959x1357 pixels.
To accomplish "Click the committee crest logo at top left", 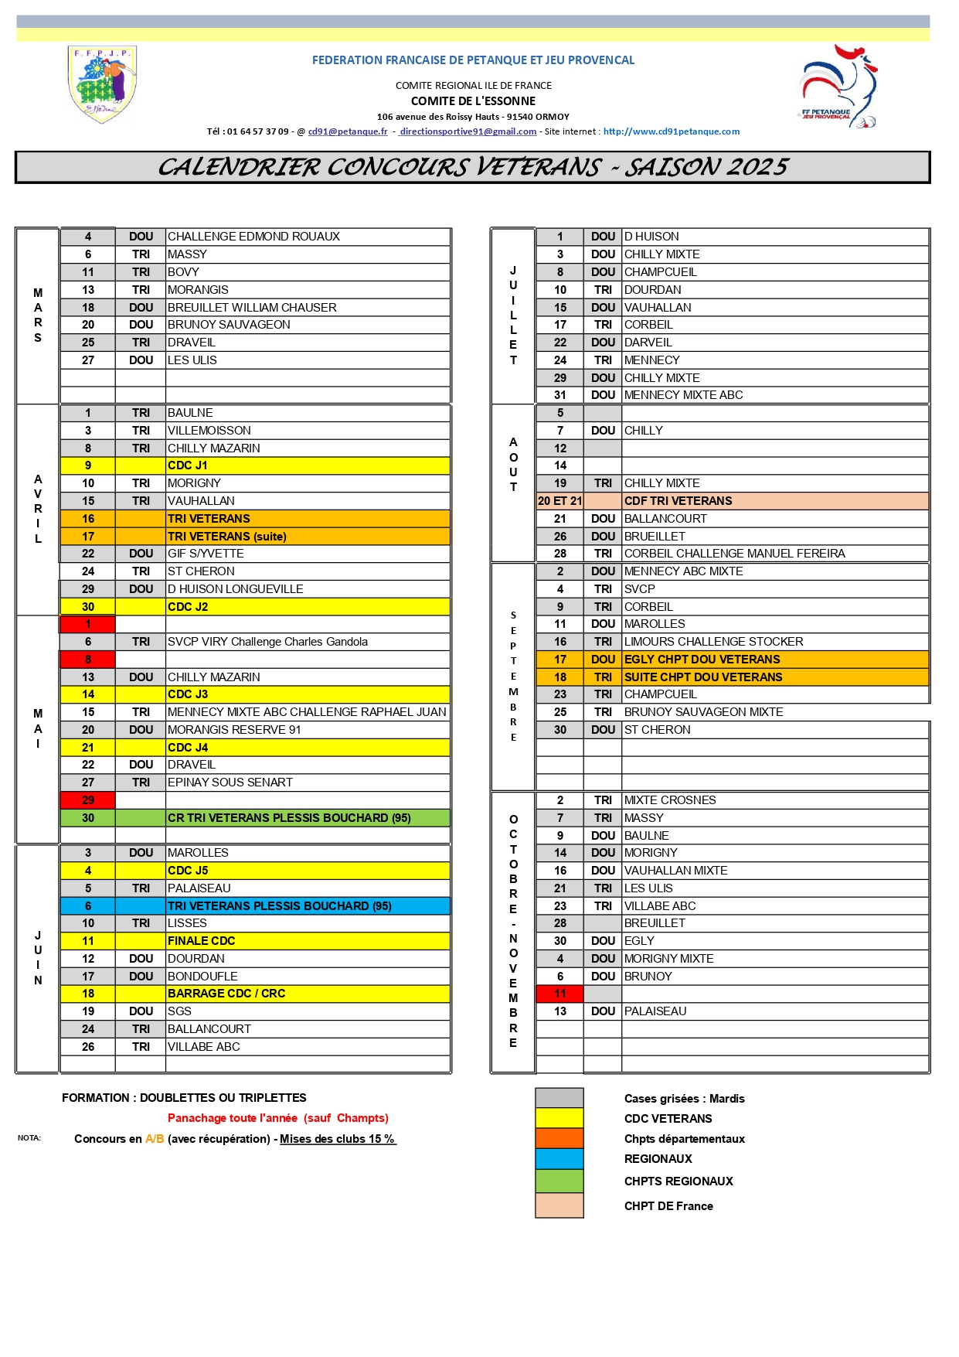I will tap(103, 84).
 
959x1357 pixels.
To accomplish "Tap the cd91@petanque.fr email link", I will tap(348, 131).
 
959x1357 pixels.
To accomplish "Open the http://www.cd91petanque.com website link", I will tap(671, 131).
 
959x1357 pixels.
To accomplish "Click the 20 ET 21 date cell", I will tap(559, 501).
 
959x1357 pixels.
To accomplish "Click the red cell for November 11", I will tap(559, 994).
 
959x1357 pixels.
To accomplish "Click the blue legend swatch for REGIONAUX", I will tap(559, 1158).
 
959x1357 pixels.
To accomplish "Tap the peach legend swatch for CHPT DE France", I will tap(559, 1205).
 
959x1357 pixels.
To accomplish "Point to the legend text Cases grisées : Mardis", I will tap(684, 1099).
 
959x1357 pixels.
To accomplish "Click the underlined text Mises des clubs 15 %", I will tap(338, 1139).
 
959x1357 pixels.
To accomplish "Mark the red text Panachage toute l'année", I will tap(233, 1118).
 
